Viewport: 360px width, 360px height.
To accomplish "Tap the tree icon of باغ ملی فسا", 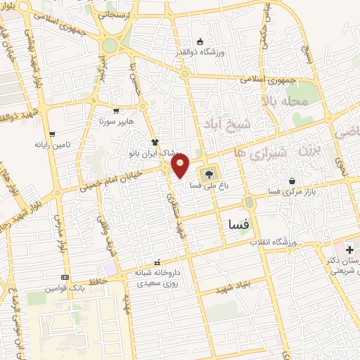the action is (209, 173).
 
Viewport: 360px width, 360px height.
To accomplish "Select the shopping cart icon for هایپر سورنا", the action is (116, 110).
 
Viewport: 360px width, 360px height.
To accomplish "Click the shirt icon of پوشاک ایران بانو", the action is (154, 141).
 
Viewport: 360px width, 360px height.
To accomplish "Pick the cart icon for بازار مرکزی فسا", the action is (291, 181).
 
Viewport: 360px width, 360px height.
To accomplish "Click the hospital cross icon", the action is (349, 250).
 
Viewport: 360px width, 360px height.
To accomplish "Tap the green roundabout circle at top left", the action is (109, 46).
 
